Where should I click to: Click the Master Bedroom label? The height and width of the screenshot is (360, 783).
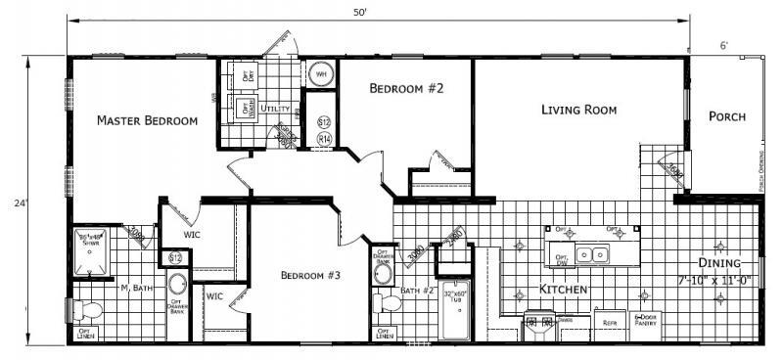point(147,121)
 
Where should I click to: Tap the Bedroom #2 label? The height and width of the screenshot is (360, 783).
point(406,89)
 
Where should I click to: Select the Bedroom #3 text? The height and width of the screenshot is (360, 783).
point(309,275)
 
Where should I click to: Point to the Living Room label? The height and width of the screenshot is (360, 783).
point(578,110)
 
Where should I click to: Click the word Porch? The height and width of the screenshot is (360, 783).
point(726,116)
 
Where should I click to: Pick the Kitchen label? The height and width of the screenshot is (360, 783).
point(563,291)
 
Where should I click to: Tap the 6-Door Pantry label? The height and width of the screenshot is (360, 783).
point(647,321)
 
